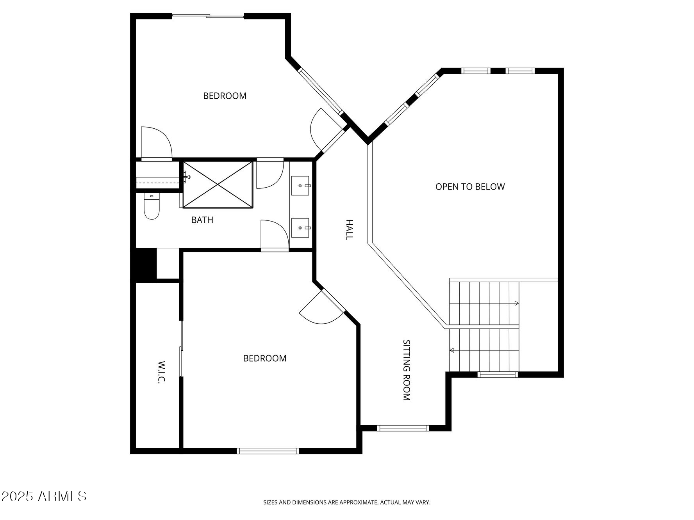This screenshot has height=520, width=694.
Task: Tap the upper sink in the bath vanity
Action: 300,185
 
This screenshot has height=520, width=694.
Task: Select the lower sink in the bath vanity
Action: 300,227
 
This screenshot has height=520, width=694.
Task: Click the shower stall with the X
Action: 218,184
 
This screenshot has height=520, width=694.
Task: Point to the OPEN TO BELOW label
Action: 470,187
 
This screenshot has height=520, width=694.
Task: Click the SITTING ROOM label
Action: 407,370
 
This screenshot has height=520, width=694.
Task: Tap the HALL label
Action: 349,229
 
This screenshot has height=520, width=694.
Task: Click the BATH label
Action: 202,220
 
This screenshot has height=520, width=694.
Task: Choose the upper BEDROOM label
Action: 225,96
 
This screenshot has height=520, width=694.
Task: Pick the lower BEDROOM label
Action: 264,358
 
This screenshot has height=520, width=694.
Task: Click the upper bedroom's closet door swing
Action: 156,143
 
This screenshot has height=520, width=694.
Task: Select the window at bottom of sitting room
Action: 403,428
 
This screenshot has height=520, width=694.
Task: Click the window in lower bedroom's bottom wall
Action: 268,451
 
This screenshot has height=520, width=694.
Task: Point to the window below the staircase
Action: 498,375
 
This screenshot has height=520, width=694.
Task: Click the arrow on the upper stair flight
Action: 516,303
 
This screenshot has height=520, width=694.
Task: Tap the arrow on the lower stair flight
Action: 452,350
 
